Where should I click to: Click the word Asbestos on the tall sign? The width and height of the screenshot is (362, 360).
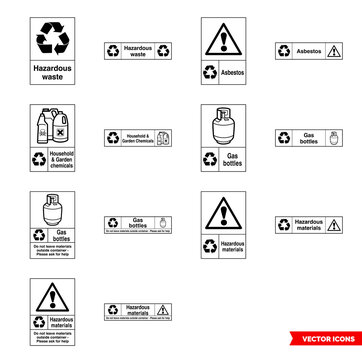tap(233, 72)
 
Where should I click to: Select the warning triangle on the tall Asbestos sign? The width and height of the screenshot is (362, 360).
tap(222, 40)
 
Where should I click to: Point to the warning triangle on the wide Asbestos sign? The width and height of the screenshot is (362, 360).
tap(334, 50)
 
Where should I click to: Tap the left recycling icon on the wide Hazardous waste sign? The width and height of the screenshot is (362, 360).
tap(113, 50)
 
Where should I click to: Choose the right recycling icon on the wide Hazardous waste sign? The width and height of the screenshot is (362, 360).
tap(163, 50)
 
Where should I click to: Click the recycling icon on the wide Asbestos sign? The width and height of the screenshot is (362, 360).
tap(285, 50)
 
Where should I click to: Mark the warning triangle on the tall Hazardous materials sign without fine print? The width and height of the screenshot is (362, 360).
tap(222, 214)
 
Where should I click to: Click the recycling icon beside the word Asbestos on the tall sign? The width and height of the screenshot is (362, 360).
tap(210, 72)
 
